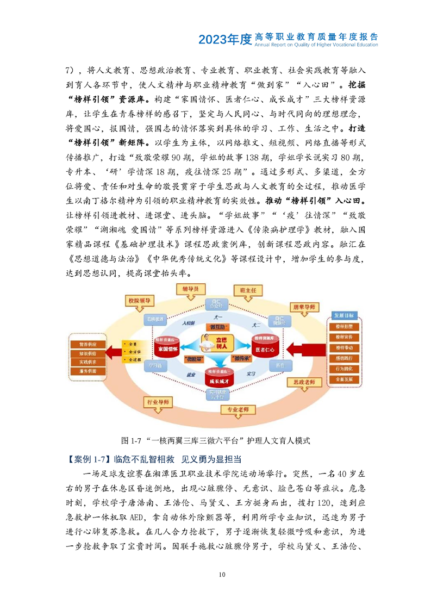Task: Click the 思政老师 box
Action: (301, 382)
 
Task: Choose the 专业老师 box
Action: (238, 409)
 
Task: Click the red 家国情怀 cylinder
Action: (167, 346)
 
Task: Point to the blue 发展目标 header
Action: (344, 315)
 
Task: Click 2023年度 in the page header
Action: (224, 39)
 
